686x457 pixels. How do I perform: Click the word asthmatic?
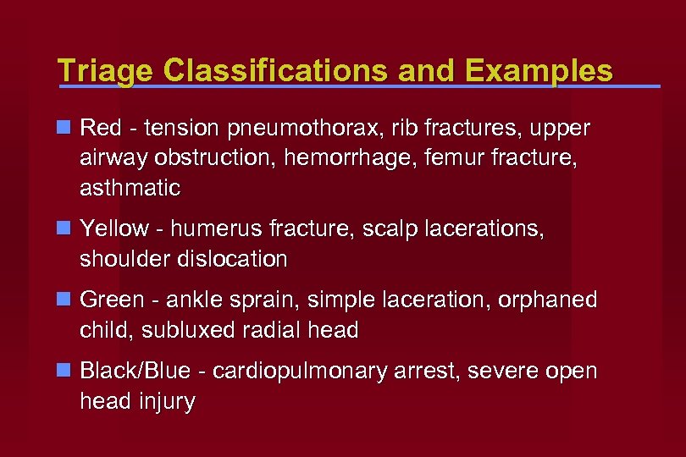130,188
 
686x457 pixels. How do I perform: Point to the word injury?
167,401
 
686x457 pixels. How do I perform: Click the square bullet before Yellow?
64,228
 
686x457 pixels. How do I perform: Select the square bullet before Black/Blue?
64,371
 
